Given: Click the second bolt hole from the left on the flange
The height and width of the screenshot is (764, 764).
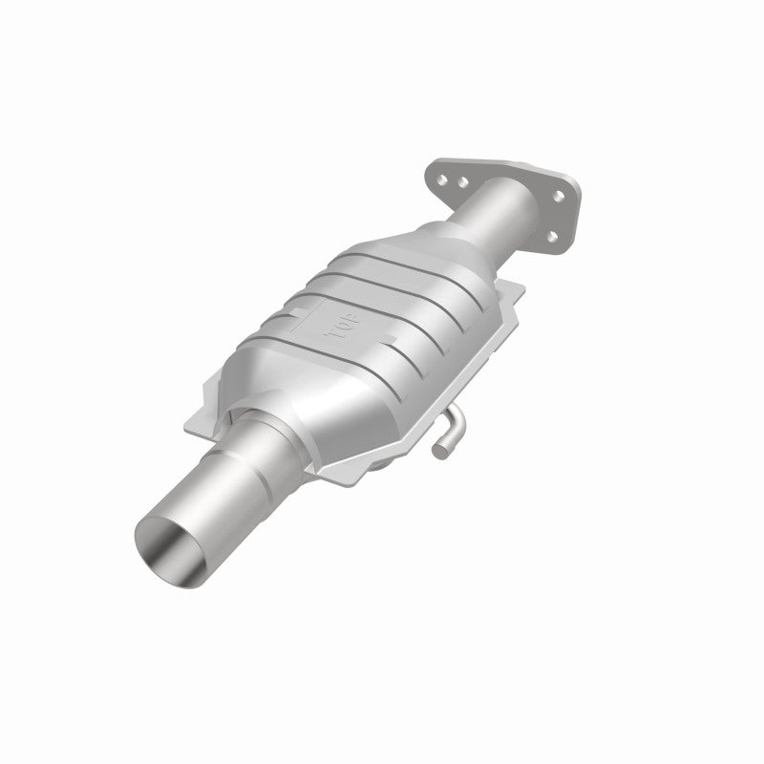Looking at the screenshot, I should (x=460, y=181).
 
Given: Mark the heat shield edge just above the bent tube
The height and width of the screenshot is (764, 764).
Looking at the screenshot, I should (x=449, y=396).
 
